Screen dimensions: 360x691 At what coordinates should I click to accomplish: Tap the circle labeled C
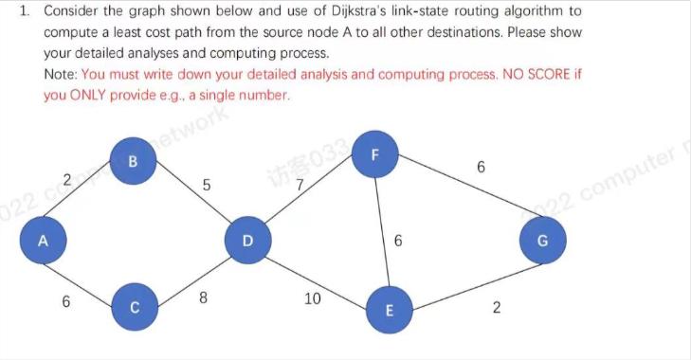coord(134,307)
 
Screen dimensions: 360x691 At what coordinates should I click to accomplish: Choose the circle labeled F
coord(374,153)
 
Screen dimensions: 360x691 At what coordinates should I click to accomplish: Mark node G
coord(542,241)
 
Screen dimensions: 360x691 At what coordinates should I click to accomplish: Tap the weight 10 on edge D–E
coord(313,299)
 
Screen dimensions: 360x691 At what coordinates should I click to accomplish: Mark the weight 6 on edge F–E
coord(398,242)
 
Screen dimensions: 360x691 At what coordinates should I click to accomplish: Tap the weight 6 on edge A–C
coord(65,302)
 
